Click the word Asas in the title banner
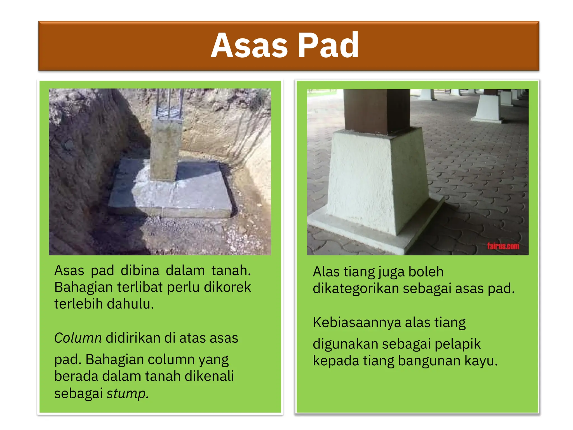(249, 46)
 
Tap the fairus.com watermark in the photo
(503, 246)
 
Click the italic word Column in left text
(78, 338)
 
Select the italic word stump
(128, 394)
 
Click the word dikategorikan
(356, 288)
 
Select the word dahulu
(130, 304)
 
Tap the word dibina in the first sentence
(140, 271)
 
